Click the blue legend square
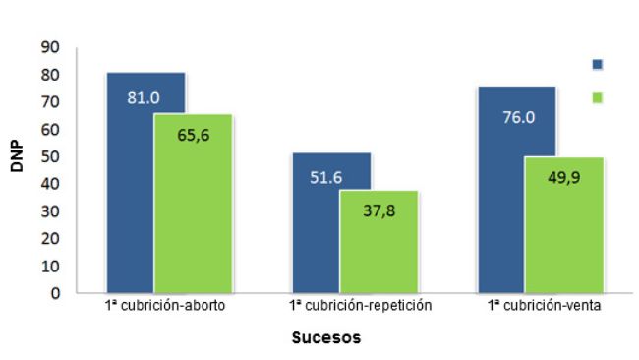click(597, 64)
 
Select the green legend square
click(597, 97)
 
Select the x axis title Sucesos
click(326, 338)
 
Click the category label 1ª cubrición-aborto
click(168, 307)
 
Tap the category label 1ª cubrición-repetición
click(361, 307)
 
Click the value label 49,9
click(562, 178)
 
